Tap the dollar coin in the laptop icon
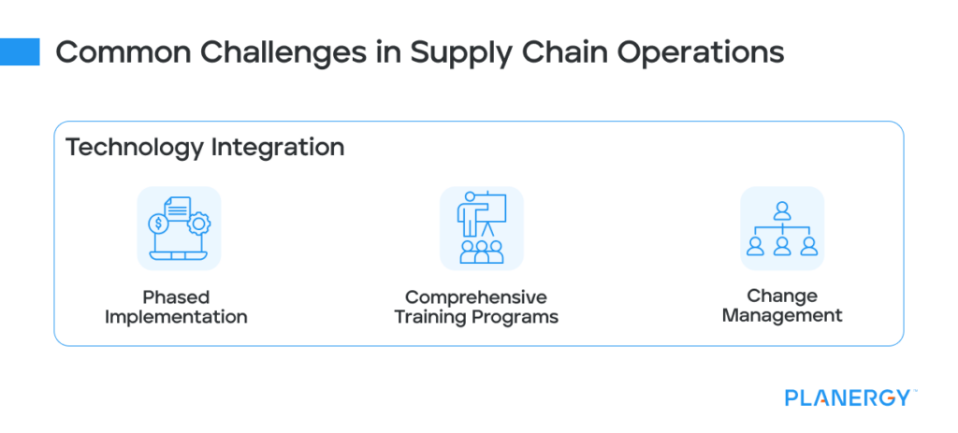pyautogui.click(x=159, y=225)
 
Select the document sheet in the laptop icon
pyautogui.click(x=177, y=209)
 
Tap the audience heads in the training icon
pyautogui.click(x=482, y=251)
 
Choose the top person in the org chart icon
pyautogui.click(x=782, y=210)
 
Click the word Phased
pyautogui.click(x=176, y=298)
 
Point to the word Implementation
pyautogui.click(x=176, y=317)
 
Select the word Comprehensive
pyautogui.click(x=476, y=297)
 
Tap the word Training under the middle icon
pyautogui.click(x=432, y=317)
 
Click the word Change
pyautogui.click(x=782, y=296)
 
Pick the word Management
pyautogui.click(x=782, y=315)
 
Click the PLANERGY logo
pyautogui.click(x=846, y=397)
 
